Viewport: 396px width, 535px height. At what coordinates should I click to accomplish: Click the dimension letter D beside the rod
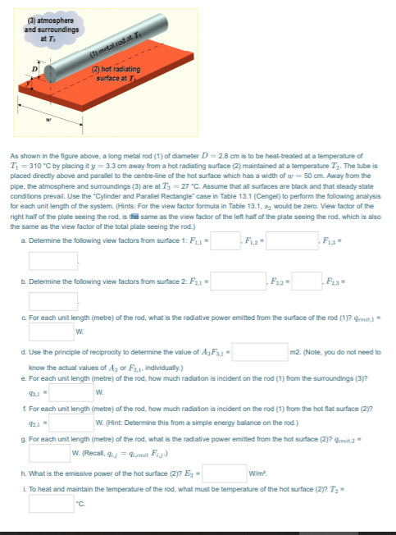[x=34, y=64]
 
